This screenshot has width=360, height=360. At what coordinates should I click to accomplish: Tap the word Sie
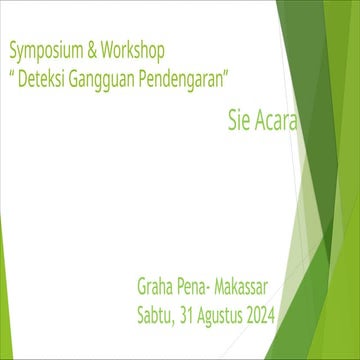click(x=237, y=125)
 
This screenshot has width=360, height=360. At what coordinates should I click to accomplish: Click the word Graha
click(x=157, y=290)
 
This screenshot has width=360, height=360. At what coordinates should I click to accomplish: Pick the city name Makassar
click(x=250, y=290)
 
